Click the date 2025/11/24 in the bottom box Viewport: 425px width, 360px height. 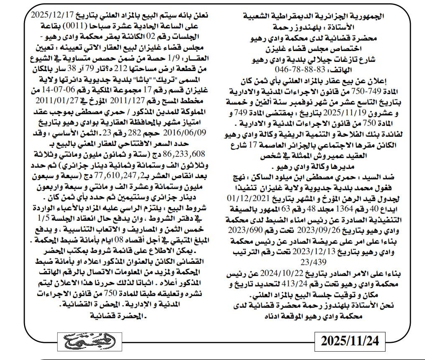(x=349, y=341)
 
